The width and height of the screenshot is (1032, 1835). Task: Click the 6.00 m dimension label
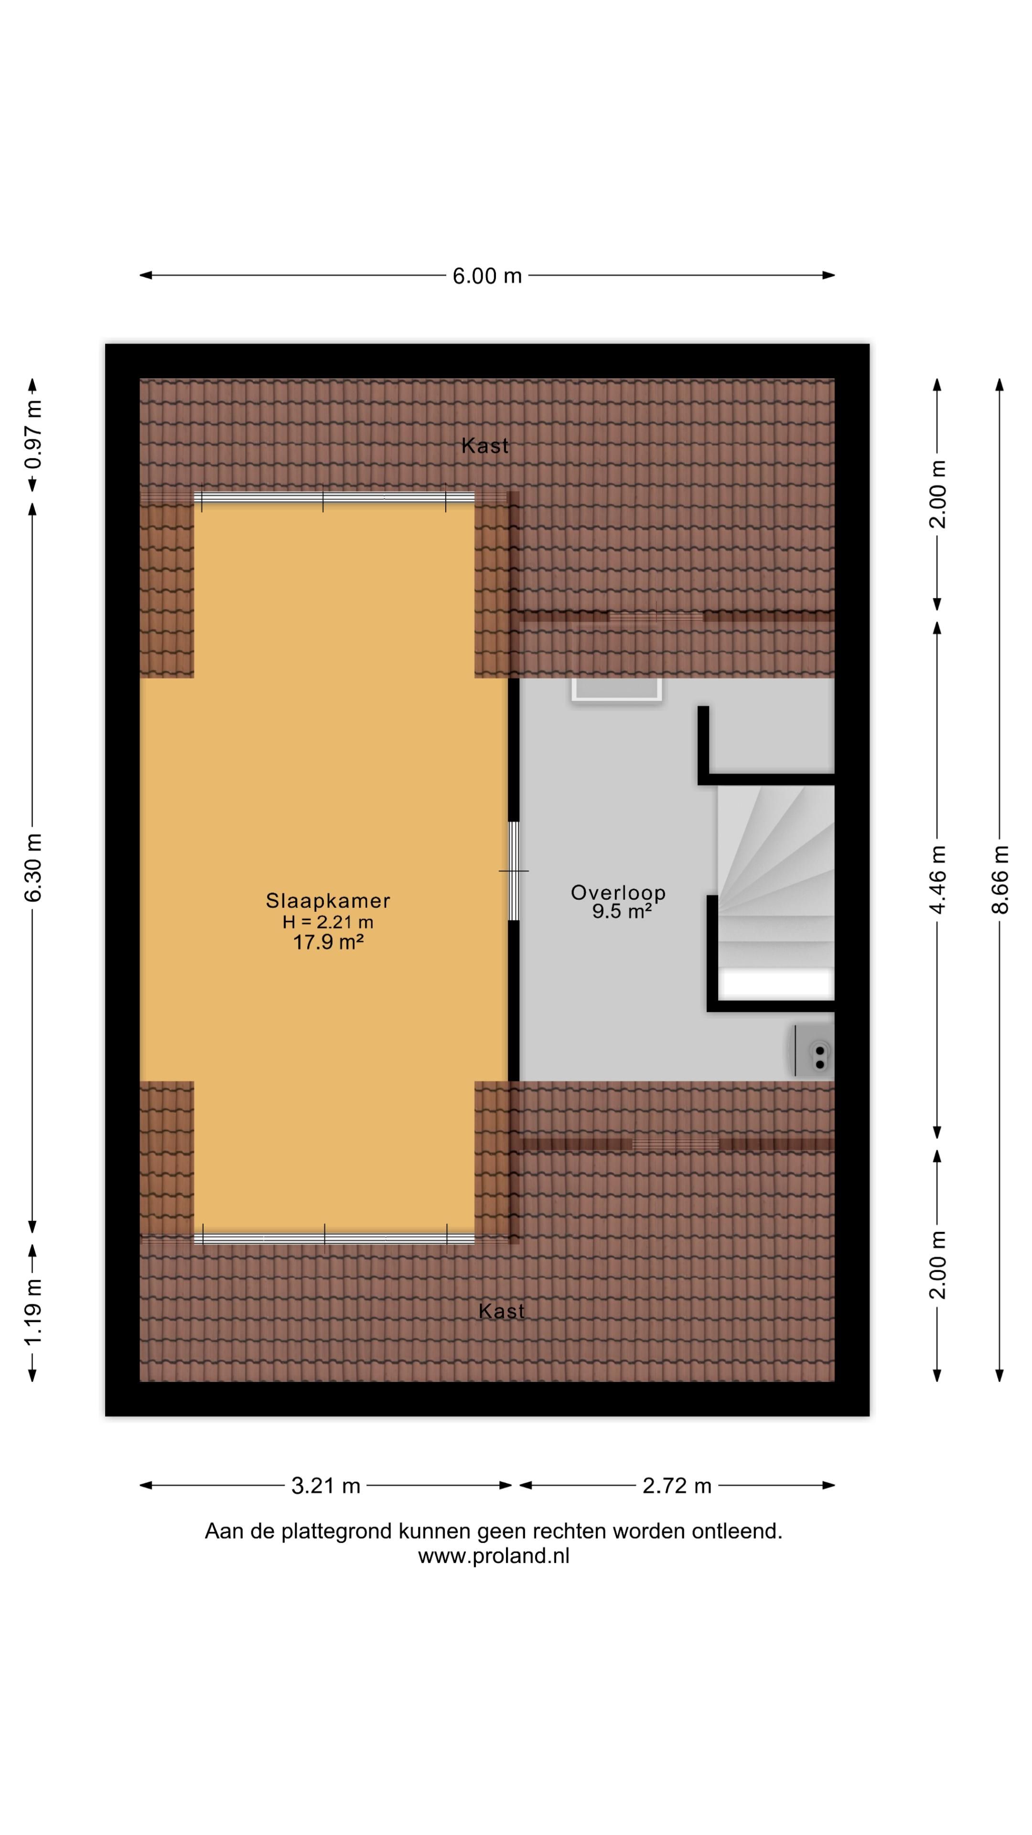click(x=487, y=276)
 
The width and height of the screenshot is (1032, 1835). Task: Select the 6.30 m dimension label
click(x=33, y=867)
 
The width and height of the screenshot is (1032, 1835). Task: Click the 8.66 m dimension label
click(x=1000, y=879)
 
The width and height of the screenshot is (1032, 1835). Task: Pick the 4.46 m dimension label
click(x=937, y=879)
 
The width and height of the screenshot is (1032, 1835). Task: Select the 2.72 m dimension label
click(x=677, y=1486)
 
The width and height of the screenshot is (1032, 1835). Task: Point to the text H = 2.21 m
click(x=328, y=922)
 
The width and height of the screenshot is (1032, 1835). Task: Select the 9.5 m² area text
click(x=621, y=911)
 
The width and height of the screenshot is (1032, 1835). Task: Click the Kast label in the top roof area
click(x=485, y=446)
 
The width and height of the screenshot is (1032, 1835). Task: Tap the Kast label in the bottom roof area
click(x=501, y=1311)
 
